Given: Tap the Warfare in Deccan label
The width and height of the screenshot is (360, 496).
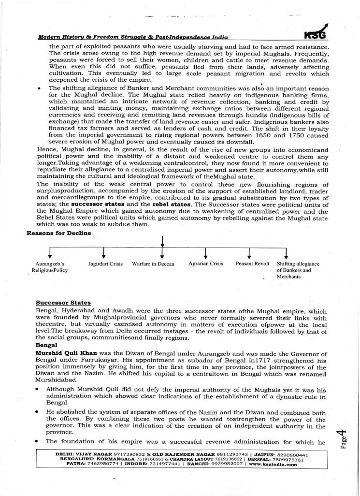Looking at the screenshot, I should pos(153,264).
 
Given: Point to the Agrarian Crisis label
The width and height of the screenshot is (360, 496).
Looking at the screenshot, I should pos(206,264).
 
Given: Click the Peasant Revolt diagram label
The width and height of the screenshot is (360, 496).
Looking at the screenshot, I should pos(249,264).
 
